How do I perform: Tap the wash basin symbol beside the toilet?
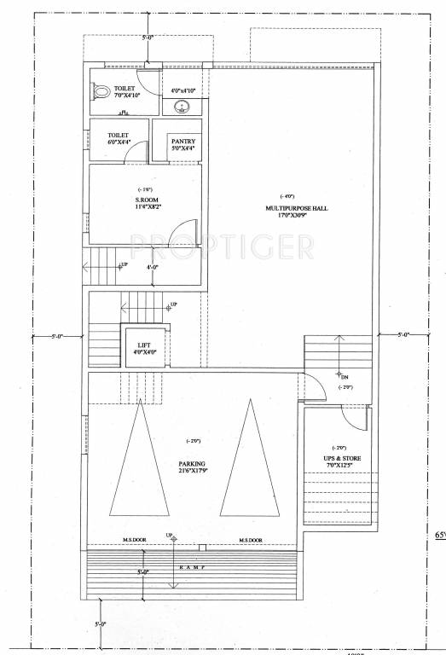182,107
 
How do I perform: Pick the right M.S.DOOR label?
250,540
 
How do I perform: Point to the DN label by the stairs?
344,375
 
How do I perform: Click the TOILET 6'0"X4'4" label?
118,139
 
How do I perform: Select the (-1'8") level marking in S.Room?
145,189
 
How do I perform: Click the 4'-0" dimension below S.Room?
153,267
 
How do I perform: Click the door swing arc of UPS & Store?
351,418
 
